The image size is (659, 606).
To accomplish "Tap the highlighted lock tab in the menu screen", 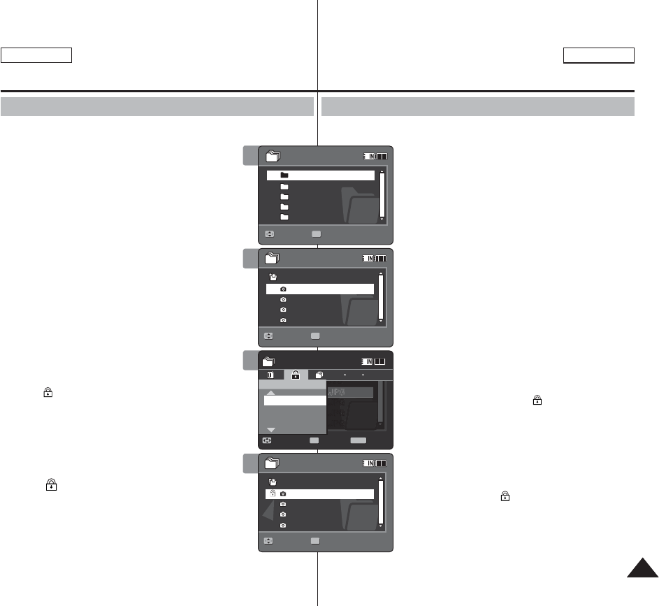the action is [x=296, y=375].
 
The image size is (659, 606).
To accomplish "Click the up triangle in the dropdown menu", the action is [x=271, y=393].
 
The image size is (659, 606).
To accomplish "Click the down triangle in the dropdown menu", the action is [x=271, y=428].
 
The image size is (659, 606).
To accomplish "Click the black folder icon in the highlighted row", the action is [x=284, y=175].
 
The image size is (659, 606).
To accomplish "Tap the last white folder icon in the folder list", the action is [x=284, y=217].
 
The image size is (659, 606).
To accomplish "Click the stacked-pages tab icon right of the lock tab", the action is [x=318, y=375].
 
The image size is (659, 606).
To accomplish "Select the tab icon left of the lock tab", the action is [x=272, y=375].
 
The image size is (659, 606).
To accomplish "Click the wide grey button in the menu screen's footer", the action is [x=358, y=441].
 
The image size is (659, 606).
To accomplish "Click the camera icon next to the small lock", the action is [x=283, y=494].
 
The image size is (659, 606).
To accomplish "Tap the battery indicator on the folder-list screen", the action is [x=382, y=156].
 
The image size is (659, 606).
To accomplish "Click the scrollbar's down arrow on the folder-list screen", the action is [x=382, y=219].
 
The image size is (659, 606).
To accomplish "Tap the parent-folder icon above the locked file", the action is [x=273, y=482].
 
